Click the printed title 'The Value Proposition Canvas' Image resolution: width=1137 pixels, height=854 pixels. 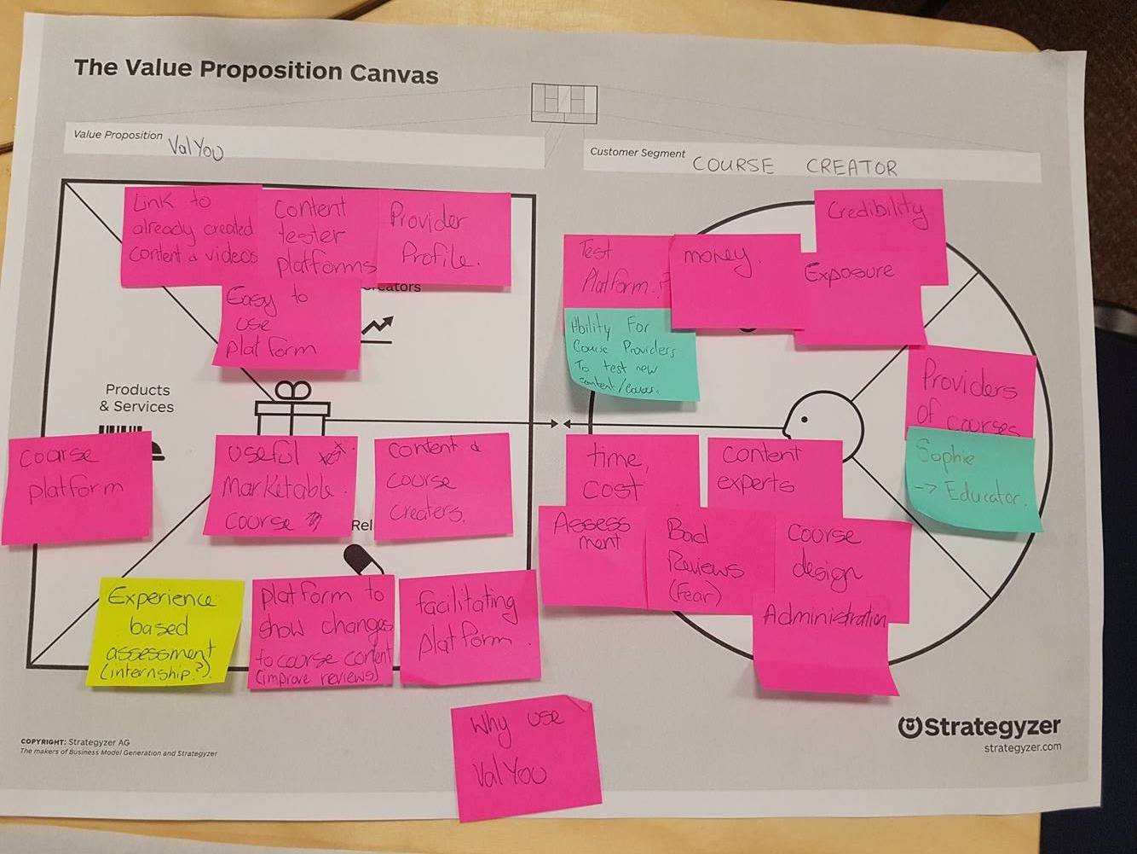tap(256, 70)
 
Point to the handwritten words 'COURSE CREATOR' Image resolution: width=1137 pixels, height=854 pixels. tap(794, 166)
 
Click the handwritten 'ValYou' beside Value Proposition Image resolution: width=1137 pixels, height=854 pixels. tap(195, 149)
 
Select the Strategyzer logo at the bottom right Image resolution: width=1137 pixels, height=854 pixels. tap(979, 728)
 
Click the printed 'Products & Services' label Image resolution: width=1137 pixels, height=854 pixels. tap(137, 398)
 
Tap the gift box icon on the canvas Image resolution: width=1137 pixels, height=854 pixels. tap(292, 411)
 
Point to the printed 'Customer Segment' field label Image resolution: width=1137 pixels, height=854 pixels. tap(638, 153)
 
